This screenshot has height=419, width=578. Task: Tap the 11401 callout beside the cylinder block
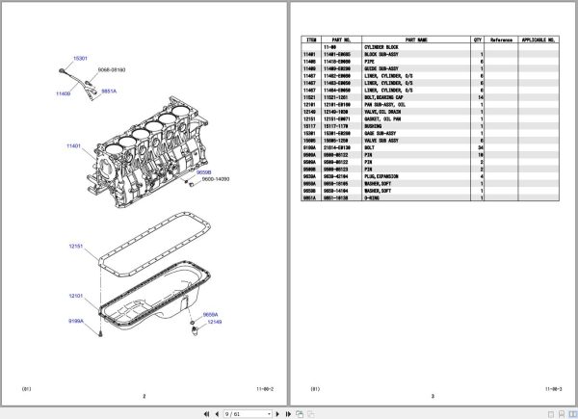tap(74, 146)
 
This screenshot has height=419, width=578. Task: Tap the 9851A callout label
tap(109, 92)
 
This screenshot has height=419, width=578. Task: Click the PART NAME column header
tap(416, 40)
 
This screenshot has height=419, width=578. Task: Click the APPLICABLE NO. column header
tap(539, 40)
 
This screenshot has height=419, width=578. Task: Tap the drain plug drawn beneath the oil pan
tap(196, 331)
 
